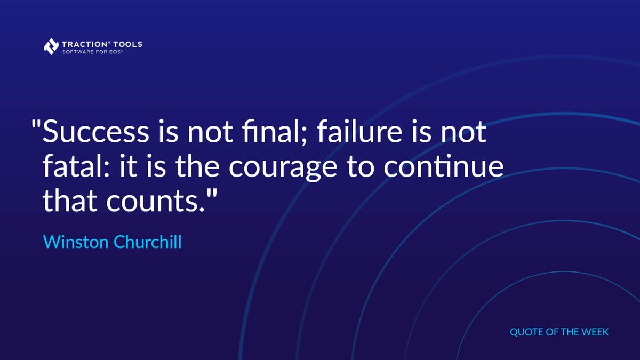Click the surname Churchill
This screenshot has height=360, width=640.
(x=147, y=242)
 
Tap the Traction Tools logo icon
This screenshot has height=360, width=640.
(x=51, y=46)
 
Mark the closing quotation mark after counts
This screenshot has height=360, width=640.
(x=213, y=193)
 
